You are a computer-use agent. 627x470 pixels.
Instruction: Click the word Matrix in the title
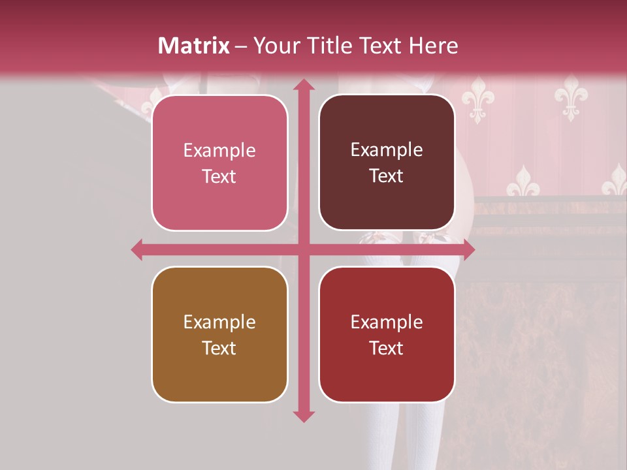pos(194,46)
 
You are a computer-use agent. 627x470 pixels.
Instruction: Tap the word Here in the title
pos(434,46)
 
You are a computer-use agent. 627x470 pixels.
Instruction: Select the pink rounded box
pos(219,163)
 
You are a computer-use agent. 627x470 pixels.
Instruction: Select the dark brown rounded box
pos(387,163)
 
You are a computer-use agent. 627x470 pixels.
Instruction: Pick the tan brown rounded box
pos(219,334)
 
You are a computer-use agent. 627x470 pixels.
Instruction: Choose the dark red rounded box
pos(387,334)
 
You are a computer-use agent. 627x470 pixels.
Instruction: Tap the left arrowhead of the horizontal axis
pos(137,249)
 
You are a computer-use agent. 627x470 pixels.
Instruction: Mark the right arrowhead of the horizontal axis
pos(469,249)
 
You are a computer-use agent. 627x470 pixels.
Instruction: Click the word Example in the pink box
pos(219,151)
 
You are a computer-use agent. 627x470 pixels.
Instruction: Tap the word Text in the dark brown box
pos(387,176)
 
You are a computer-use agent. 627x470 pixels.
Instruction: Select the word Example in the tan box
pos(219,322)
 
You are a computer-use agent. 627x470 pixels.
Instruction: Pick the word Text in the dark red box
pos(387,348)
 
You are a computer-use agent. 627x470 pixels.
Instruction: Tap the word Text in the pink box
pos(219,176)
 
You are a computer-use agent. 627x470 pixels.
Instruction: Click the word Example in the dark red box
pos(387,322)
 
